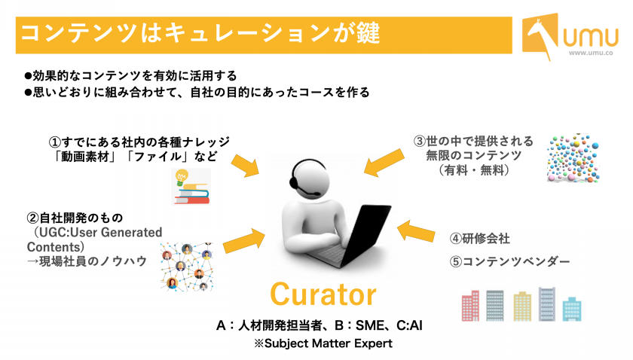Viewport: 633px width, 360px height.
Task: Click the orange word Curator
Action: pyautogui.click(x=323, y=294)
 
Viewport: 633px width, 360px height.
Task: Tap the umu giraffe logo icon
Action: pyautogui.click(x=540, y=36)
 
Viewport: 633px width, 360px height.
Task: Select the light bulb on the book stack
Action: pyautogui.click(x=182, y=177)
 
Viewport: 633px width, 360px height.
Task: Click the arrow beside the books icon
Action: pyautogui.click(x=245, y=165)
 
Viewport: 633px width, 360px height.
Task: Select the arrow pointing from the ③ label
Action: pyautogui.click(x=384, y=162)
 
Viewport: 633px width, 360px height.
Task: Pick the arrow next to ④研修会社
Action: pyautogui.click(x=416, y=232)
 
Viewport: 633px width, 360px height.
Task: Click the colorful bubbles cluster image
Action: pyautogui.click(x=573, y=159)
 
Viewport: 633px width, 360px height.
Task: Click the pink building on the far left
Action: pyautogui.click(x=470, y=306)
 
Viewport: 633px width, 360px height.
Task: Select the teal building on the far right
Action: pyautogui.click(x=572, y=309)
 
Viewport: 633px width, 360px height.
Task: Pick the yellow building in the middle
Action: pyautogui.click(x=522, y=307)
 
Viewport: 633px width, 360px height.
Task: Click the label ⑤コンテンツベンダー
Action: pyautogui.click(x=509, y=261)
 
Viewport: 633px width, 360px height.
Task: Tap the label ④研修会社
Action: pyautogui.click(x=479, y=239)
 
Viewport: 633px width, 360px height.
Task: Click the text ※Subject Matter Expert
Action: pyautogui.click(x=323, y=343)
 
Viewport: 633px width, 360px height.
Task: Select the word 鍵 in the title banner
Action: pyautogui.click(x=368, y=33)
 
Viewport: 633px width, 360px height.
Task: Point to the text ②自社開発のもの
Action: pyautogui.click(x=75, y=218)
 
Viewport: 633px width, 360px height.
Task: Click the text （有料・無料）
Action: pyautogui.click(x=473, y=170)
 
